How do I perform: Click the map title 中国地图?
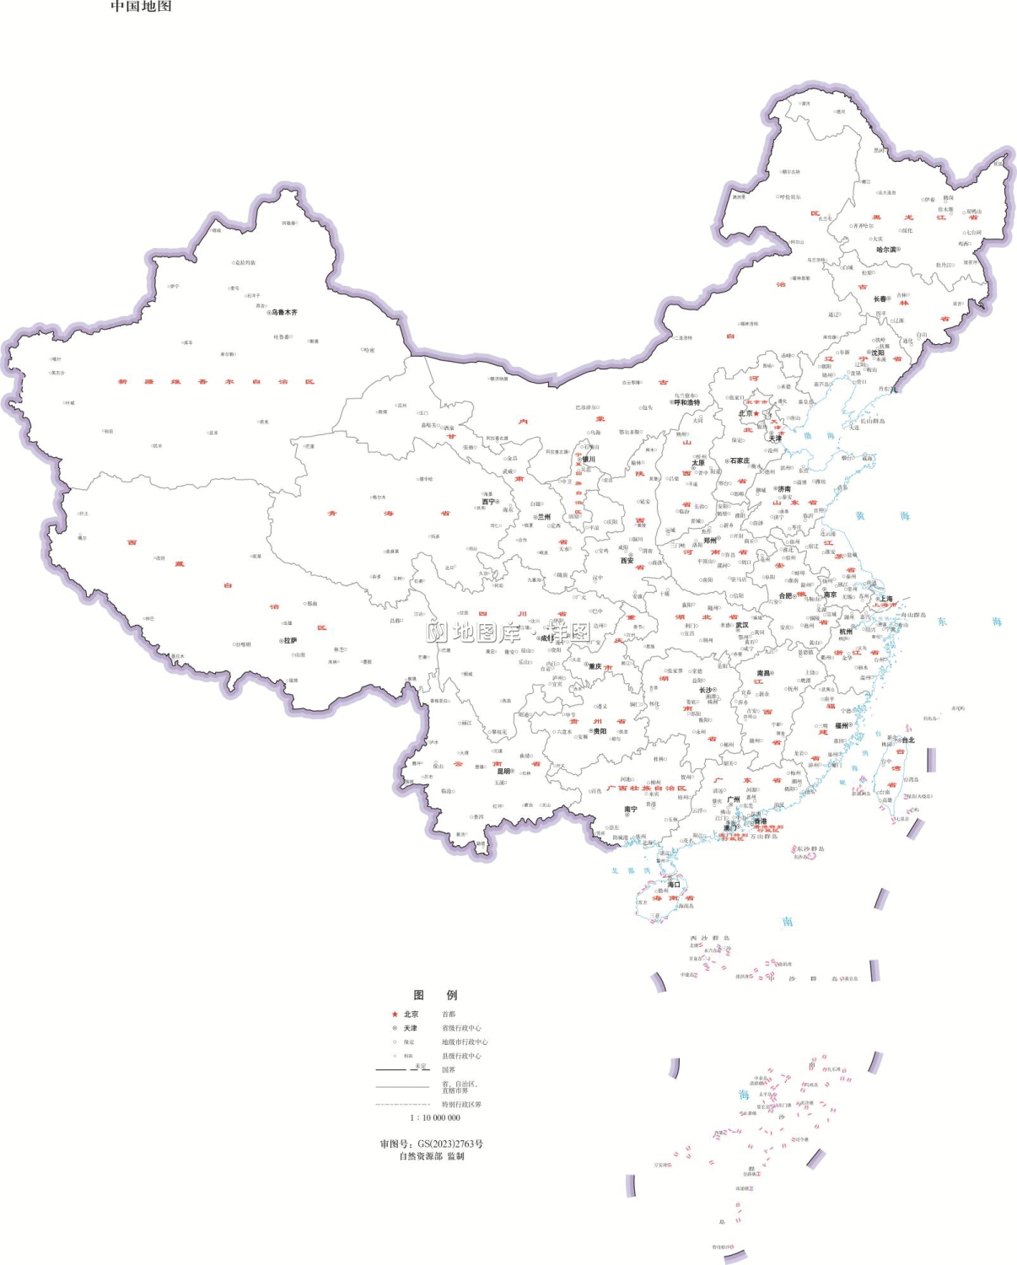tap(141, 7)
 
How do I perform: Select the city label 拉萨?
tap(289, 641)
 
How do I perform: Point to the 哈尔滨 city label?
tap(885, 250)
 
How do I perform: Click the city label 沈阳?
tap(878, 353)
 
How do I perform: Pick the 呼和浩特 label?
tap(687, 402)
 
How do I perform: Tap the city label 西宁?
tap(489, 502)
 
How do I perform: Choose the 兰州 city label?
tap(544, 517)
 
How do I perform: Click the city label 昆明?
tap(504, 771)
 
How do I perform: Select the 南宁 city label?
tap(631, 810)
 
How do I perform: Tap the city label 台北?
tap(908, 740)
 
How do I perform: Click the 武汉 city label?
tap(742, 625)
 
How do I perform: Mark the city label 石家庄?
tap(740, 461)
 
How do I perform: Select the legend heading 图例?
tap(435, 995)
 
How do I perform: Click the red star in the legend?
tap(394, 1015)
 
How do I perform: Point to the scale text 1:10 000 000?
tap(435, 1117)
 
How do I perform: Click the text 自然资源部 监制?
tap(431, 1156)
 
